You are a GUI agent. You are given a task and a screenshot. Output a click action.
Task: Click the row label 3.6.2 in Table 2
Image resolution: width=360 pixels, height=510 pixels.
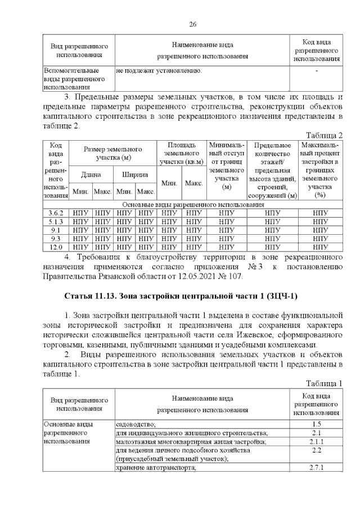coord(55,213)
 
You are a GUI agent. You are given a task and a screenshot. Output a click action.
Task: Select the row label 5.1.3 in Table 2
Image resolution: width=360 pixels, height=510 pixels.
coord(55,221)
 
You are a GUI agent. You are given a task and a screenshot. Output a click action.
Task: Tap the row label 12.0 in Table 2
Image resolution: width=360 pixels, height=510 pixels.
coord(55,246)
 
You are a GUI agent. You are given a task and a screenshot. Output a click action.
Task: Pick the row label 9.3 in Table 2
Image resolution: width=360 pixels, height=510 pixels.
coord(55,238)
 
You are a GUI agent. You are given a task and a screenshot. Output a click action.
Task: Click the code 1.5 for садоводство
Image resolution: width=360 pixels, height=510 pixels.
coord(316,424)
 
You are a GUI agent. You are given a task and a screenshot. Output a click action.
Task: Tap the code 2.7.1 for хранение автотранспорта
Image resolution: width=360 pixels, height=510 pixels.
coord(316,468)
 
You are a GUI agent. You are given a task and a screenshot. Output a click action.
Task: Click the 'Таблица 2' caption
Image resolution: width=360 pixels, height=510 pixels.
coord(323,135)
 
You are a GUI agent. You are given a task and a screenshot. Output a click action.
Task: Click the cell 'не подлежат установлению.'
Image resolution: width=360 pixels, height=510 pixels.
coord(159,71)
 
